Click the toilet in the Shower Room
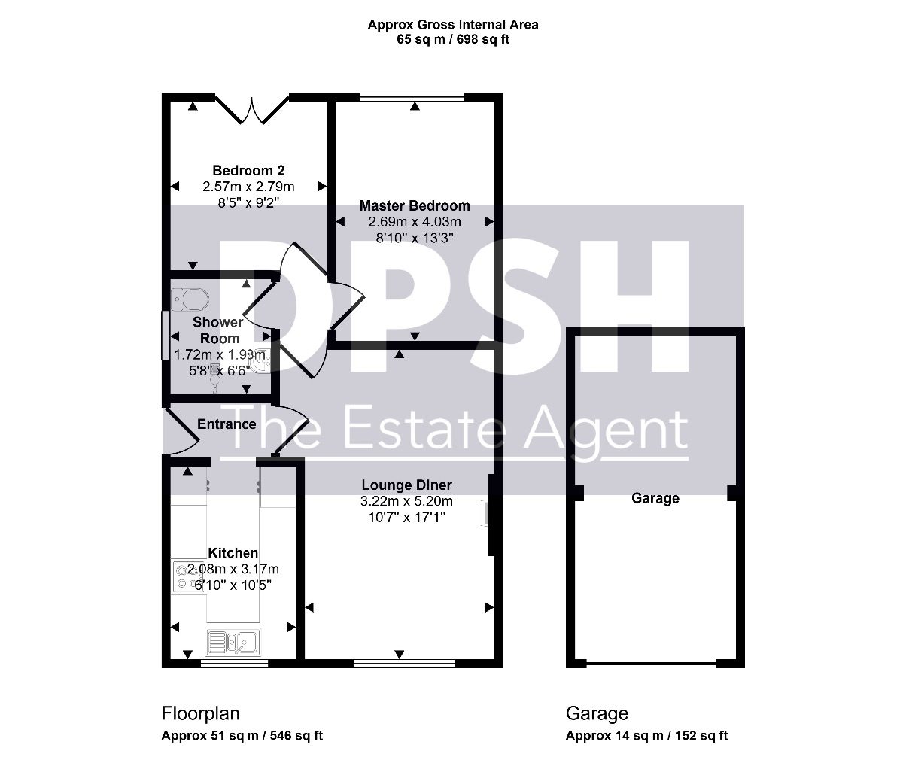click(x=190, y=299)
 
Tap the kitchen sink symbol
click(x=233, y=642)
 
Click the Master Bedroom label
click(x=415, y=205)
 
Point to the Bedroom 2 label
click(x=248, y=170)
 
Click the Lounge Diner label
click(x=406, y=485)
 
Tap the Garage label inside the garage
click(x=655, y=498)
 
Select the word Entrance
click(x=227, y=424)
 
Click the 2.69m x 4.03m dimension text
click(x=415, y=222)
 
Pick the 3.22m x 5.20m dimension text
click(x=406, y=501)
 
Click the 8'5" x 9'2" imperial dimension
click(x=248, y=202)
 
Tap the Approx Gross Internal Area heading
click(x=453, y=25)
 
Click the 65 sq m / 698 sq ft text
click(x=453, y=39)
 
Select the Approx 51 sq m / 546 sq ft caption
click(x=242, y=735)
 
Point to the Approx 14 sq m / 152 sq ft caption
click(x=646, y=735)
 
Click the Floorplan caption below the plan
click(x=200, y=713)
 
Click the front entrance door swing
click(x=181, y=433)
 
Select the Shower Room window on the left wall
click(x=166, y=335)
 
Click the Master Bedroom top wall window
click(x=412, y=97)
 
